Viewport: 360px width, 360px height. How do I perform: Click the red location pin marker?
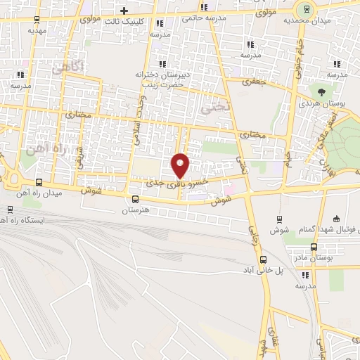click(181, 165)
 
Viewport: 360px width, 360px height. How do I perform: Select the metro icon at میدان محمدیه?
click(304, 11)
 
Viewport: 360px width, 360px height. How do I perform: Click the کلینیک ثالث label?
click(148, 22)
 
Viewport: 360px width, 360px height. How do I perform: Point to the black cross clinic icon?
click(124, 11)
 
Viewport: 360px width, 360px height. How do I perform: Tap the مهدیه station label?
click(37, 31)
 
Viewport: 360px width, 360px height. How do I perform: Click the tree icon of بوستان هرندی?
click(321, 91)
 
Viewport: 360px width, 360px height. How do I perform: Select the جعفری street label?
click(251, 82)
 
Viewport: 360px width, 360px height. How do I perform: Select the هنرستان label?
click(136, 210)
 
